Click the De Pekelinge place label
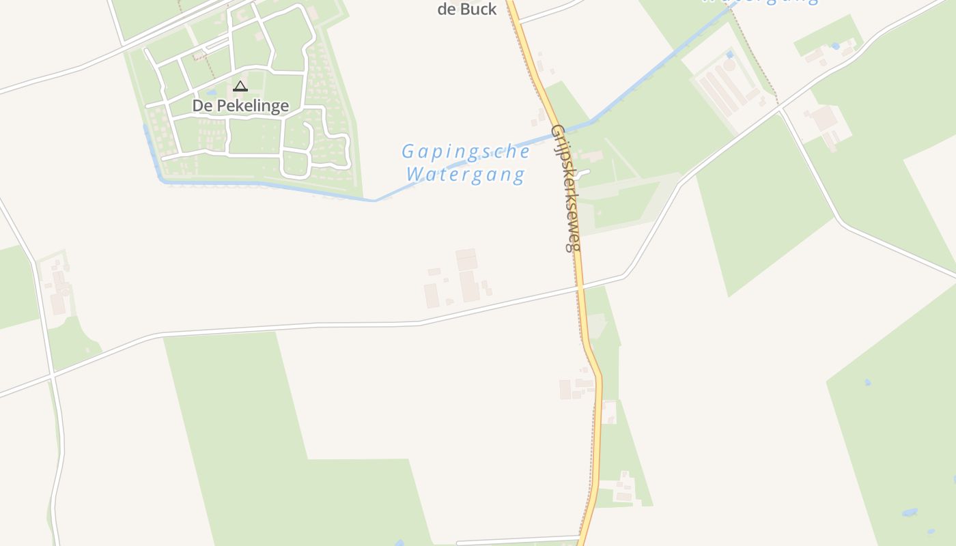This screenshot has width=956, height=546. pyautogui.click(x=240, y=106)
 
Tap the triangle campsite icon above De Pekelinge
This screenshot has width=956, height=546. pyautogui.click(x=240, y=86)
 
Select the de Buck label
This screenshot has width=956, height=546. pyautogui.click(x=467, y=9)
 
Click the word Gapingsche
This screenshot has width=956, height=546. pyautogui.click(x=466, y=151)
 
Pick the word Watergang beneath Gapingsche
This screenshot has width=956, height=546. pyautogui.click(x=466, y=175)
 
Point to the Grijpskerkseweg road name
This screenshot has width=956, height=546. pyautogui.click(x=566, y=188)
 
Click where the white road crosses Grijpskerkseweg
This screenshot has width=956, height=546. pyautogui.click(x=580, y=288)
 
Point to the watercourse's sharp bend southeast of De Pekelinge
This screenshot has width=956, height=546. pyautogui.click(x=375, y=201)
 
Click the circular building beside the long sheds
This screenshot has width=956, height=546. pyautogui.click(x=729, y=66)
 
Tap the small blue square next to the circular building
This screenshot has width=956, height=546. pyautogui.click(x=729, y=54)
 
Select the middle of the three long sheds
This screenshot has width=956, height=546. pyautogui.click(x=717, y=92)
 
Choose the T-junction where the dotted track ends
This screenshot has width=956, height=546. pyautogui.click(x=779, y=109)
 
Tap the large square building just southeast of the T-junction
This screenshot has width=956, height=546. pyautogui.click(x=824, y=117)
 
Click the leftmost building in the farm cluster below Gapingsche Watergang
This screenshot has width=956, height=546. pyautogui.click(x=431, y=296)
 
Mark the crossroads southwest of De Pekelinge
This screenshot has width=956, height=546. pyautogui.click(x=53, y=376)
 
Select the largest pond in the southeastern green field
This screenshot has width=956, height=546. pyautogui.click(x=909, y=511)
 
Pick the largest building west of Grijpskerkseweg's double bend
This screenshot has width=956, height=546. pyautogui.click(x=565, y=390)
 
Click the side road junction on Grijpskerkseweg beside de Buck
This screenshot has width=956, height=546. pyautogui.click(x=520, y=21)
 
